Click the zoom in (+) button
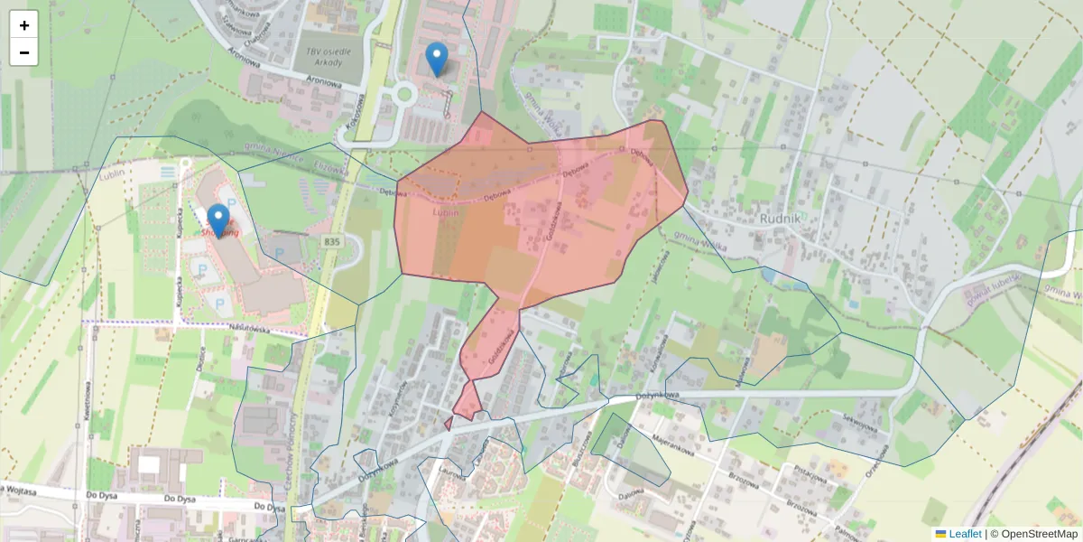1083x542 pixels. pos(24,24)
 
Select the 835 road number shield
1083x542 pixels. pos(333,241)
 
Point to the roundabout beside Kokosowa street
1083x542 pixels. pos(403,93)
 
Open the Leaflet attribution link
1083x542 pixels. pos(964,534)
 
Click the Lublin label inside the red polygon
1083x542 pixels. pos(446,211)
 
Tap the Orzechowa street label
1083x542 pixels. pos(876,461)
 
